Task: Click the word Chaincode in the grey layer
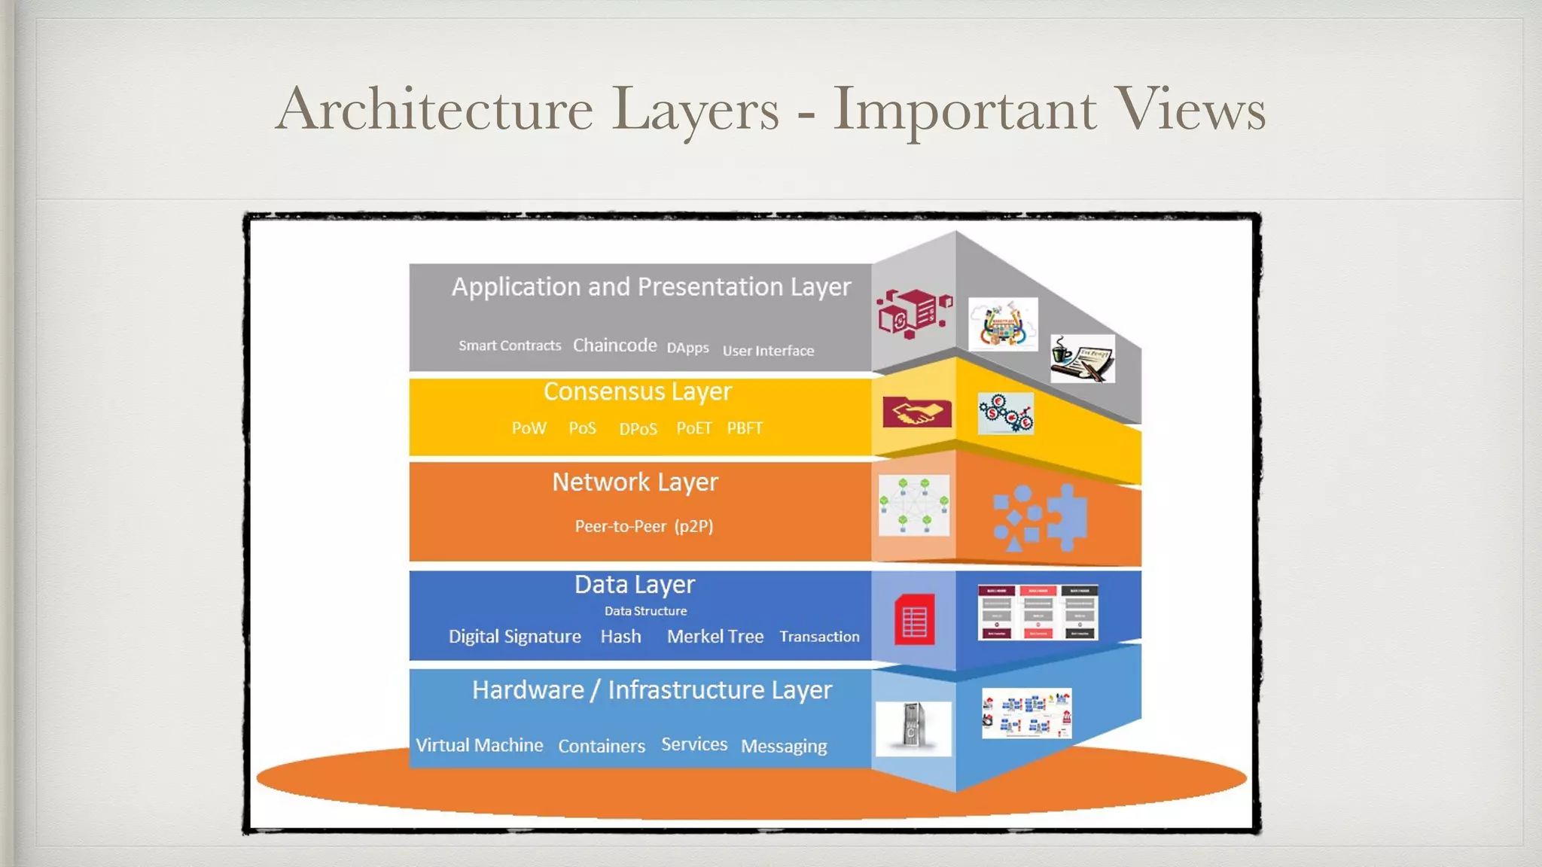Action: (614, 345)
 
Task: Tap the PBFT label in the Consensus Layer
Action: (745, 428)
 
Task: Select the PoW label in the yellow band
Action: (529, 428)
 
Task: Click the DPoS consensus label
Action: (638, 429)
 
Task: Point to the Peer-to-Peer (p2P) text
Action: (644, 526)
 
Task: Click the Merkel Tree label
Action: (715, 637)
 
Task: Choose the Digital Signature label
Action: (514, 637)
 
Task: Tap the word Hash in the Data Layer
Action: (620, 637)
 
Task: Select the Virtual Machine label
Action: (479, 745)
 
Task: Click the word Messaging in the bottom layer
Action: (784, 746)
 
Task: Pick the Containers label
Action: (601, 746)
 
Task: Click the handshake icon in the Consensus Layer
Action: (916, 412)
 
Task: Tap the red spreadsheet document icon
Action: (914, 620)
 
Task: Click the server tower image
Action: (913, 727)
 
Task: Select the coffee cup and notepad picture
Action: (1082, 358)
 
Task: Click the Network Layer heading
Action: (635, 482)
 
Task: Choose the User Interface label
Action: (768, 351)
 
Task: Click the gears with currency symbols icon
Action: (1005, 413)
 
